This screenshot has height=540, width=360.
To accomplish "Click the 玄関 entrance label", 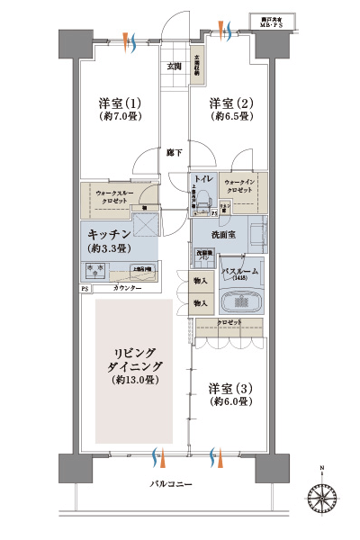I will pyautogui.click(x=174, y=67).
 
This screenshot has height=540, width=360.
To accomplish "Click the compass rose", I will pyautogui.click(x=322, y=495).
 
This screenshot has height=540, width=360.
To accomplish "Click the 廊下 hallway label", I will pyautogui.click(x=174, y=153).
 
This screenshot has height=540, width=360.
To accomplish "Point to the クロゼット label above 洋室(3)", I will pyautogui.click(x=228, y=321).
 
